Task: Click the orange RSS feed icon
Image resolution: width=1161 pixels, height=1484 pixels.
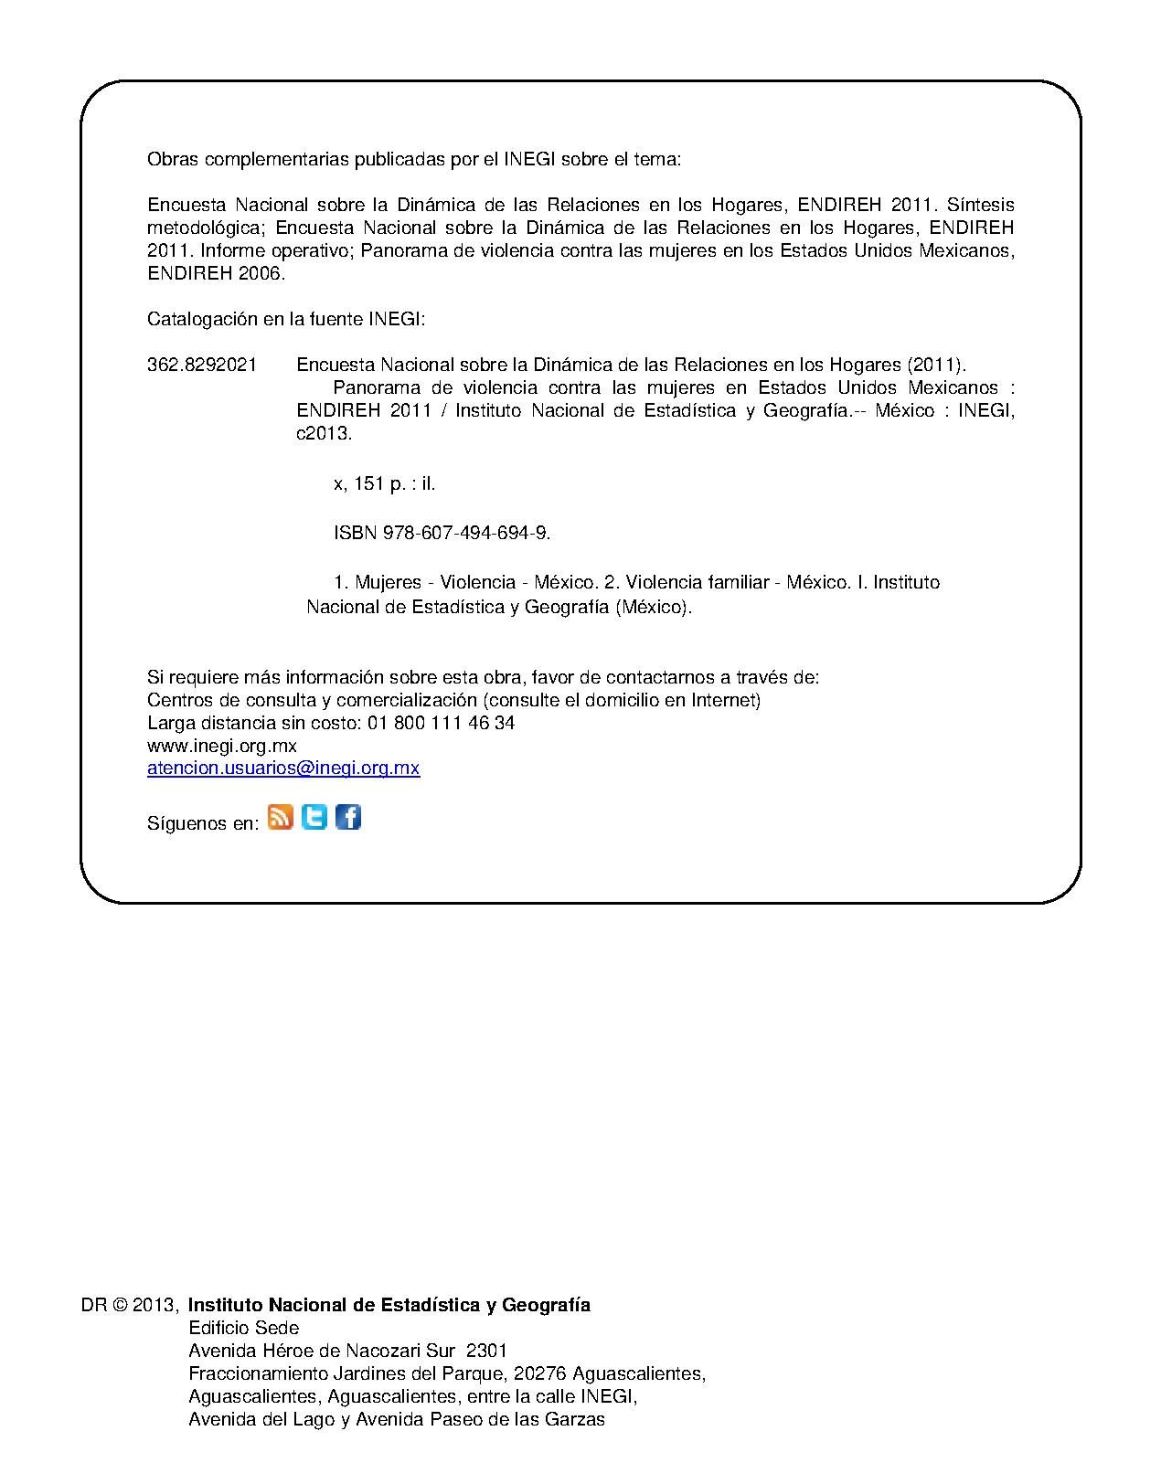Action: [281, 817]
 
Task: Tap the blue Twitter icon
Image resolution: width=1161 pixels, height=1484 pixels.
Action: [314, 817]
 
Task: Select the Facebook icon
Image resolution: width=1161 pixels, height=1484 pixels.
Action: [348, 817]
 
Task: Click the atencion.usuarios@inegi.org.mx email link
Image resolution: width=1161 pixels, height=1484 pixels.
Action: [283, 768]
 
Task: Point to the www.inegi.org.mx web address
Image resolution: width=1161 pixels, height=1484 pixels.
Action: [222, 746]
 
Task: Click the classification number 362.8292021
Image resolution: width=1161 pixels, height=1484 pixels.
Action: [202, 366]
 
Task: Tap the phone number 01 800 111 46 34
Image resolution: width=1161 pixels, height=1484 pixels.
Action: [441, 723]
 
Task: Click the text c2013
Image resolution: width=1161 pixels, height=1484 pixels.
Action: [324, 434]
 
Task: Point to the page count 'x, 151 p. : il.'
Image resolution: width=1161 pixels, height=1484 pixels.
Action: [384, 484]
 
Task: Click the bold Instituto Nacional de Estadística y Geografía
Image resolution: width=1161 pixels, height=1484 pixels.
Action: [389, 1305]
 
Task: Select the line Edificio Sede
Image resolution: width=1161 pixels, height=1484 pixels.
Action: [243, 1328]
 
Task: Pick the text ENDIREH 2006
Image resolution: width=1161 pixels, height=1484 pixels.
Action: [217, 273]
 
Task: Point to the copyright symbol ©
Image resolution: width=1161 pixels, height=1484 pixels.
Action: [120, 1305]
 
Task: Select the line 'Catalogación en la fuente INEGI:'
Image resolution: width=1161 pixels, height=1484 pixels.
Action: [286, 320]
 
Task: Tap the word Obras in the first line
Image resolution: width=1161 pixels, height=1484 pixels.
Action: [173, 160]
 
